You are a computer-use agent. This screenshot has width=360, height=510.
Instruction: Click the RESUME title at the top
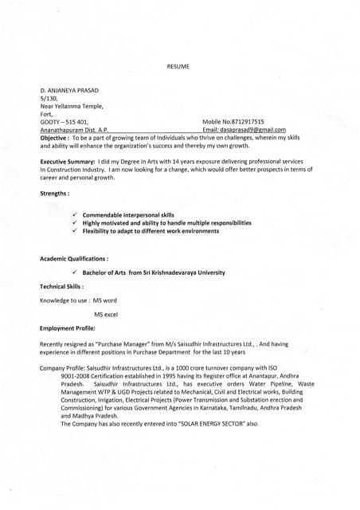[x=178, y=66]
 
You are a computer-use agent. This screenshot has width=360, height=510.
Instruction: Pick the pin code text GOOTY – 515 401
[x=65, y=120]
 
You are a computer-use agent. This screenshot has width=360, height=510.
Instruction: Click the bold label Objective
[x=57, y=138]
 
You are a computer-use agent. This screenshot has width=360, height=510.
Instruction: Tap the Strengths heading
[x=54, y=194]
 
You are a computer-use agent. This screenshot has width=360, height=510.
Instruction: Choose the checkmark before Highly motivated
[x=74, y=223]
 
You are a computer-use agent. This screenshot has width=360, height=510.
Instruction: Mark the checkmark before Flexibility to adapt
[x=74, y=231]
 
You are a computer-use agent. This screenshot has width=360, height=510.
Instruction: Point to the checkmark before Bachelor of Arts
[x=74, y=273]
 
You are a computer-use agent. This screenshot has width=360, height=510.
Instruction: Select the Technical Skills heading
[x=62, y=286]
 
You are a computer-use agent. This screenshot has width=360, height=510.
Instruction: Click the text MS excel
[x=106, y=314]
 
